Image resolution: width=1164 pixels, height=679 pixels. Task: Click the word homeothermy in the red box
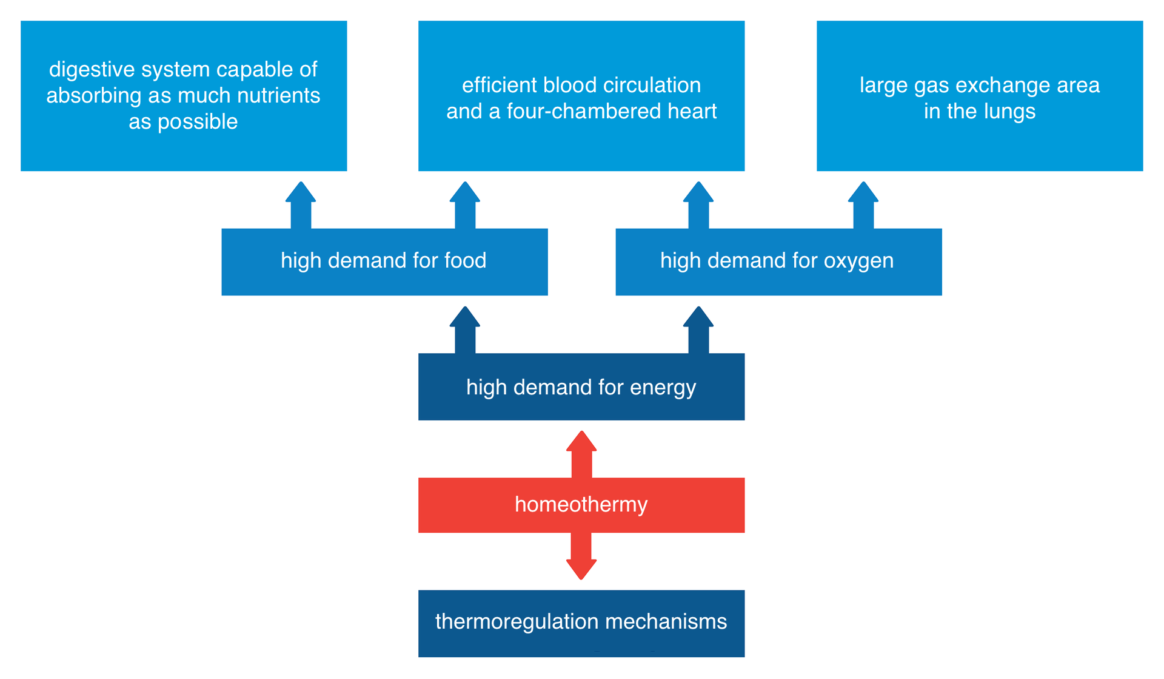[581, 505]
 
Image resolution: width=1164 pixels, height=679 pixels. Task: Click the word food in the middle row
[465, 261]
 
